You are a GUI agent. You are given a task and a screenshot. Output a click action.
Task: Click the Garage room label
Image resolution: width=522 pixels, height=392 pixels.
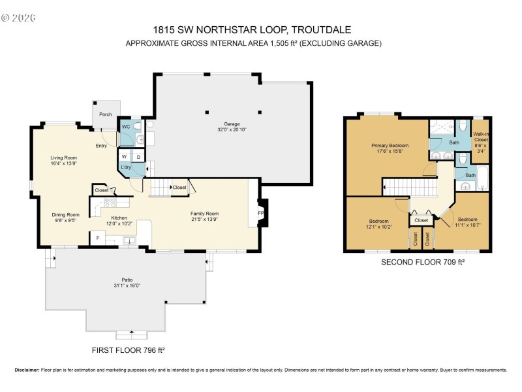(x=232, y=123)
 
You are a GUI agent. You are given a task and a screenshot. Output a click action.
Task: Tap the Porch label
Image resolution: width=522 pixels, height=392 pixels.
(x=105, y=114)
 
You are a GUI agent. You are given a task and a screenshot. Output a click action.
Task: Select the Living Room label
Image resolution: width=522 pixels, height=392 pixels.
(x=64, y=157)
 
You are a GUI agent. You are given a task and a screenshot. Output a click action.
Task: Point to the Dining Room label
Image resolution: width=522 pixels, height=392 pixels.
(x=65, y=215)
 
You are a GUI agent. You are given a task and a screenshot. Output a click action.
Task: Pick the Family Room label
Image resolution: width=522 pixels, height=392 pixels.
(x=204, y=214)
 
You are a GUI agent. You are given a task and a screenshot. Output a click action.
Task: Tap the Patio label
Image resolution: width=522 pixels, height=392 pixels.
(x=118, y=280)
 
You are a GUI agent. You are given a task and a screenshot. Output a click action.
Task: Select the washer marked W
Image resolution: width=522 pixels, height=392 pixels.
(x=123, y=157)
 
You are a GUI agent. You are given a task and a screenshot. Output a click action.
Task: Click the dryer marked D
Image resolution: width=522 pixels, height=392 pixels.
(x=138, y=157)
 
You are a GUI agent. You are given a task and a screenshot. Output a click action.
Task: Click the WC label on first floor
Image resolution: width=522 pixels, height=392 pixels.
(x=126, y=126)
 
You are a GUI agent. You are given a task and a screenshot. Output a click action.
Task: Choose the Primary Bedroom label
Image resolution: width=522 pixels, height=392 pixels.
(x=390, y=145)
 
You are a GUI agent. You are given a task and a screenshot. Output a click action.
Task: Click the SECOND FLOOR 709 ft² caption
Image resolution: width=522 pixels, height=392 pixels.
(x=418, y=262)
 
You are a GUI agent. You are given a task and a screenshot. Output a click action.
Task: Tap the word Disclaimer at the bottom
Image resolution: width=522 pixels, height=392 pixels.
(x=27, y=370)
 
